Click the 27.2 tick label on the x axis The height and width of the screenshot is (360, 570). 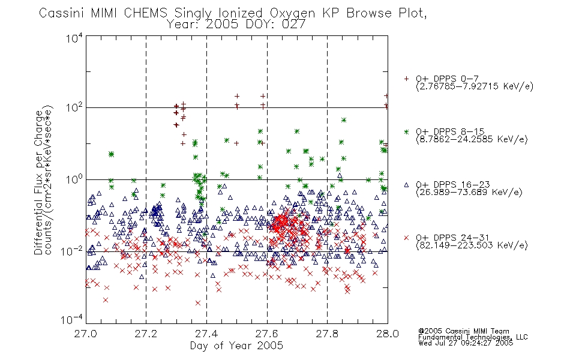pos(146,334)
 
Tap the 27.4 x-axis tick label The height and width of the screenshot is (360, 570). pos(206,334)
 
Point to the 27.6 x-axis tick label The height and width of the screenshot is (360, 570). pos(267,334)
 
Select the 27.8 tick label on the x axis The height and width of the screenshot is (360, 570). pos(327,334)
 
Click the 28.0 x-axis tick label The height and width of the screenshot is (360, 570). pos(388,334)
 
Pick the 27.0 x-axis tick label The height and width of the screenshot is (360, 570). pos(86,334)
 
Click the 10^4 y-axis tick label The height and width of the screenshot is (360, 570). pos(74,38)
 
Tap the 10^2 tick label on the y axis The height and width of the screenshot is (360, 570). pos(74,108)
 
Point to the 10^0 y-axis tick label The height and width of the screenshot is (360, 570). pos(74,179)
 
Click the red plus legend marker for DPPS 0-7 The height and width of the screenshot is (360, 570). pos(406,79)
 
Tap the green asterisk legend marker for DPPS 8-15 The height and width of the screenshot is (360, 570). pos(406,131)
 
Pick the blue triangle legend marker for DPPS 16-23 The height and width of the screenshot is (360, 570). pos(406,185)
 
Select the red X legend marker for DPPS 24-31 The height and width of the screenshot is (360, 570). pos(406,238)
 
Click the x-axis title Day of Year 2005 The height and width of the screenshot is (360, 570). pos(236,346)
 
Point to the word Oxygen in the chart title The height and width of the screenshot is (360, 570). pos(292,14)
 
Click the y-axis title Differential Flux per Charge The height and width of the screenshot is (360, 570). pos(38,181)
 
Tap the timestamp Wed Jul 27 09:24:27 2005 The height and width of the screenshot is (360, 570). pos(466,343)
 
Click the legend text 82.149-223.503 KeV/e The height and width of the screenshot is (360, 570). pos(472,245)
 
